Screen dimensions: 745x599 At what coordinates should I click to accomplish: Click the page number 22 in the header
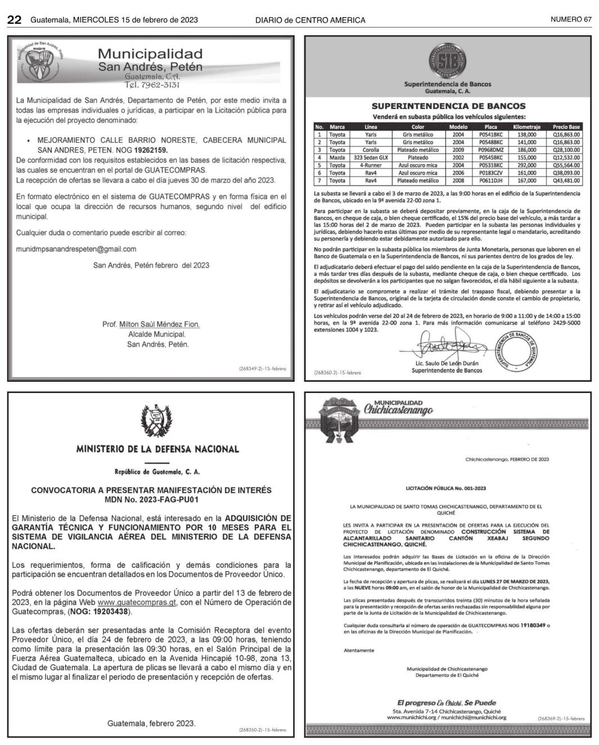click(x=14, y=20)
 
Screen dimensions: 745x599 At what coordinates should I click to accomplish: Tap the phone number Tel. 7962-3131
click(x=152, y=85)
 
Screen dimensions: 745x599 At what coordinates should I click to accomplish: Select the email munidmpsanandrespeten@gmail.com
click(x=76, y=249)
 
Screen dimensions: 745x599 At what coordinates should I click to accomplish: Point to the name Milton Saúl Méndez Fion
click(x=159, y=324)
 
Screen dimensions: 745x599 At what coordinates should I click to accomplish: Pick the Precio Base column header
click(x=566, y=127)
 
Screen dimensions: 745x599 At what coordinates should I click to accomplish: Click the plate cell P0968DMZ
click(x=490, y=150)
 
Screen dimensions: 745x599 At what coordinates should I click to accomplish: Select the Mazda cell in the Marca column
click(x=337, y=158)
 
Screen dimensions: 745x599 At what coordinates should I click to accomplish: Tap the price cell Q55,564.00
click(x=566, y=166)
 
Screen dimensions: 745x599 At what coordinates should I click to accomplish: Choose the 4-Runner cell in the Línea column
click(x=371, y=166)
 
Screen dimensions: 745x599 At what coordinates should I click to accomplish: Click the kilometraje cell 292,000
click(x=526, y=166)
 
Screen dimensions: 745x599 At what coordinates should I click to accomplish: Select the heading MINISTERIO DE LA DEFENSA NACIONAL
click(x=157, y=449)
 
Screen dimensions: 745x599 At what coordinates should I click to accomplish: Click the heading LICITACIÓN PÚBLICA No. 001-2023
click(x=445, y=489)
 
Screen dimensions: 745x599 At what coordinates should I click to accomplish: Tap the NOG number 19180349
click(x=533, y=625)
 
